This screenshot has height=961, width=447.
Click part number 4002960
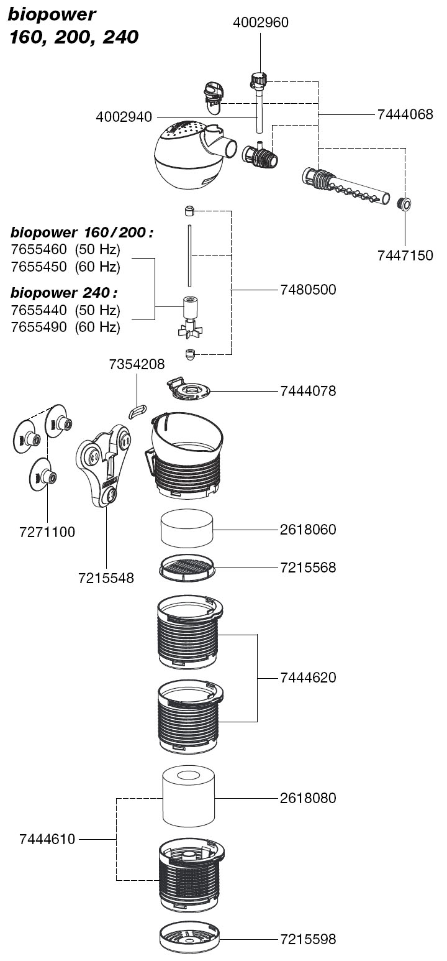(261, 23)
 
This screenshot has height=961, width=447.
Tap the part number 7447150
(405, 255)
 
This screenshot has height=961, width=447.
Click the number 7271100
(47, 532)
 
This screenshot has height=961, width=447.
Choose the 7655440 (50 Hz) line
(66, 310)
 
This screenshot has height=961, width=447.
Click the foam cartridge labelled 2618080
(189, 797)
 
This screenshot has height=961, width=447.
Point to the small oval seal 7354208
(137, 410)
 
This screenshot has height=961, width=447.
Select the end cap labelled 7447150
(404, 203)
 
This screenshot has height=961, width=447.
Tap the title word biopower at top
(43, 15)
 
